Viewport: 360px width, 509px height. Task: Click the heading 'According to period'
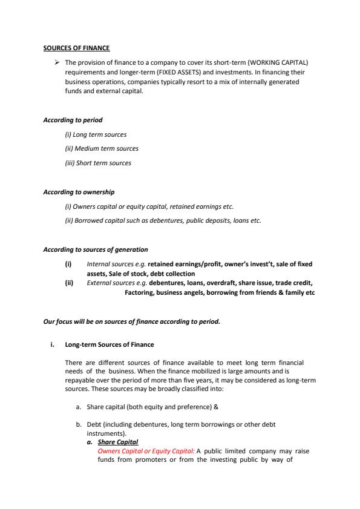[68, 120]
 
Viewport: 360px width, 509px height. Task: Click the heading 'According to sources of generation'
[95, 249]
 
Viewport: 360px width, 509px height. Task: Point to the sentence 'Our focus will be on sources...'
[131, 321]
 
